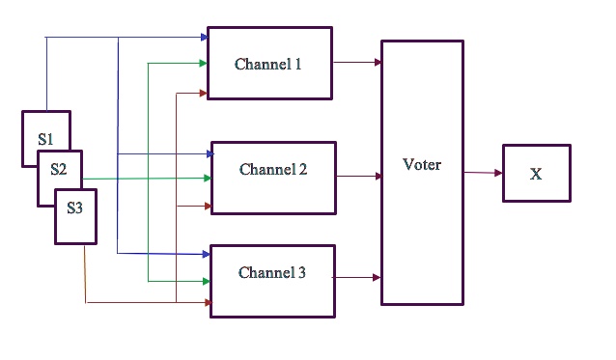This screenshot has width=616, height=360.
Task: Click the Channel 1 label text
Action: click(x=268, y=65)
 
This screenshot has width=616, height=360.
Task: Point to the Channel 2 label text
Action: click(x=273, y=170)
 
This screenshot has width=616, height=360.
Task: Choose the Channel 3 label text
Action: click(x=272, y=273)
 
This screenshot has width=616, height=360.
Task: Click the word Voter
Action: click(x=422, y=165)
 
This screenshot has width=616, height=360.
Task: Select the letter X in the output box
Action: click(x=536, y=174)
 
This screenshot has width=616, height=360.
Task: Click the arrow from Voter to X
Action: click(x=483, y=173)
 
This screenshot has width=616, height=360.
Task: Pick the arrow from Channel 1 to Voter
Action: click(x=356, y=63)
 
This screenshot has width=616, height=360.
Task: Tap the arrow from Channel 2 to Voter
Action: click(x=358, y=177)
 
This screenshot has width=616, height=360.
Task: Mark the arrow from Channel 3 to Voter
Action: click(x=357, y=278)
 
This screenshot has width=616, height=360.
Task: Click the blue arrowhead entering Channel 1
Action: click(x=204, y=38)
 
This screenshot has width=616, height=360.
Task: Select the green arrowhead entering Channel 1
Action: click(x=204, y=64)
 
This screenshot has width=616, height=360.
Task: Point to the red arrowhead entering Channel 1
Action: click(x=204, y=94)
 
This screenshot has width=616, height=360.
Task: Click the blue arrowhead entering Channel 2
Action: click(x=208, y=153)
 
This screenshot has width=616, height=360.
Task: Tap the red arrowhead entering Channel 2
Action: click(x=208, y=207)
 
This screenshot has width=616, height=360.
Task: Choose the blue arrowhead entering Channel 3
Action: click(x=206, y=254)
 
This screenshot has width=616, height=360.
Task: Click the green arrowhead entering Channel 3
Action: click(x=206, y=281)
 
